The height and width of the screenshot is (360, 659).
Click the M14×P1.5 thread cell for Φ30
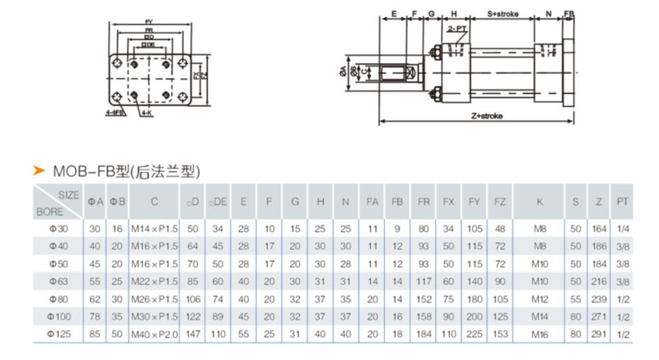[154, 228]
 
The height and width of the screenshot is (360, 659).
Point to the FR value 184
[424, 334]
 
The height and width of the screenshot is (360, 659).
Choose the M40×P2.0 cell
[154, 334]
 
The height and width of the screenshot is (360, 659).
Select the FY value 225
[474, 334]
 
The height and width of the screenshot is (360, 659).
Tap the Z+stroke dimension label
[487, 115]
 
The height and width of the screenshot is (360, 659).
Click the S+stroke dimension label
[503, 13]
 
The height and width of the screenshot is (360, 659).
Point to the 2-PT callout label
[456, 30]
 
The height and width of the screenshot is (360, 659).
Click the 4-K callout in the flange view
[146, 113]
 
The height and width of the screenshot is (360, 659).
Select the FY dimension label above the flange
[150, 22]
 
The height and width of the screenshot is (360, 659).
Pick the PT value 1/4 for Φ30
[621, 228]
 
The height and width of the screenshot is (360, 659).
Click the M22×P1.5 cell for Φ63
[154, 281]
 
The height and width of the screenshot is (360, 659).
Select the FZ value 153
[500, 334]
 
